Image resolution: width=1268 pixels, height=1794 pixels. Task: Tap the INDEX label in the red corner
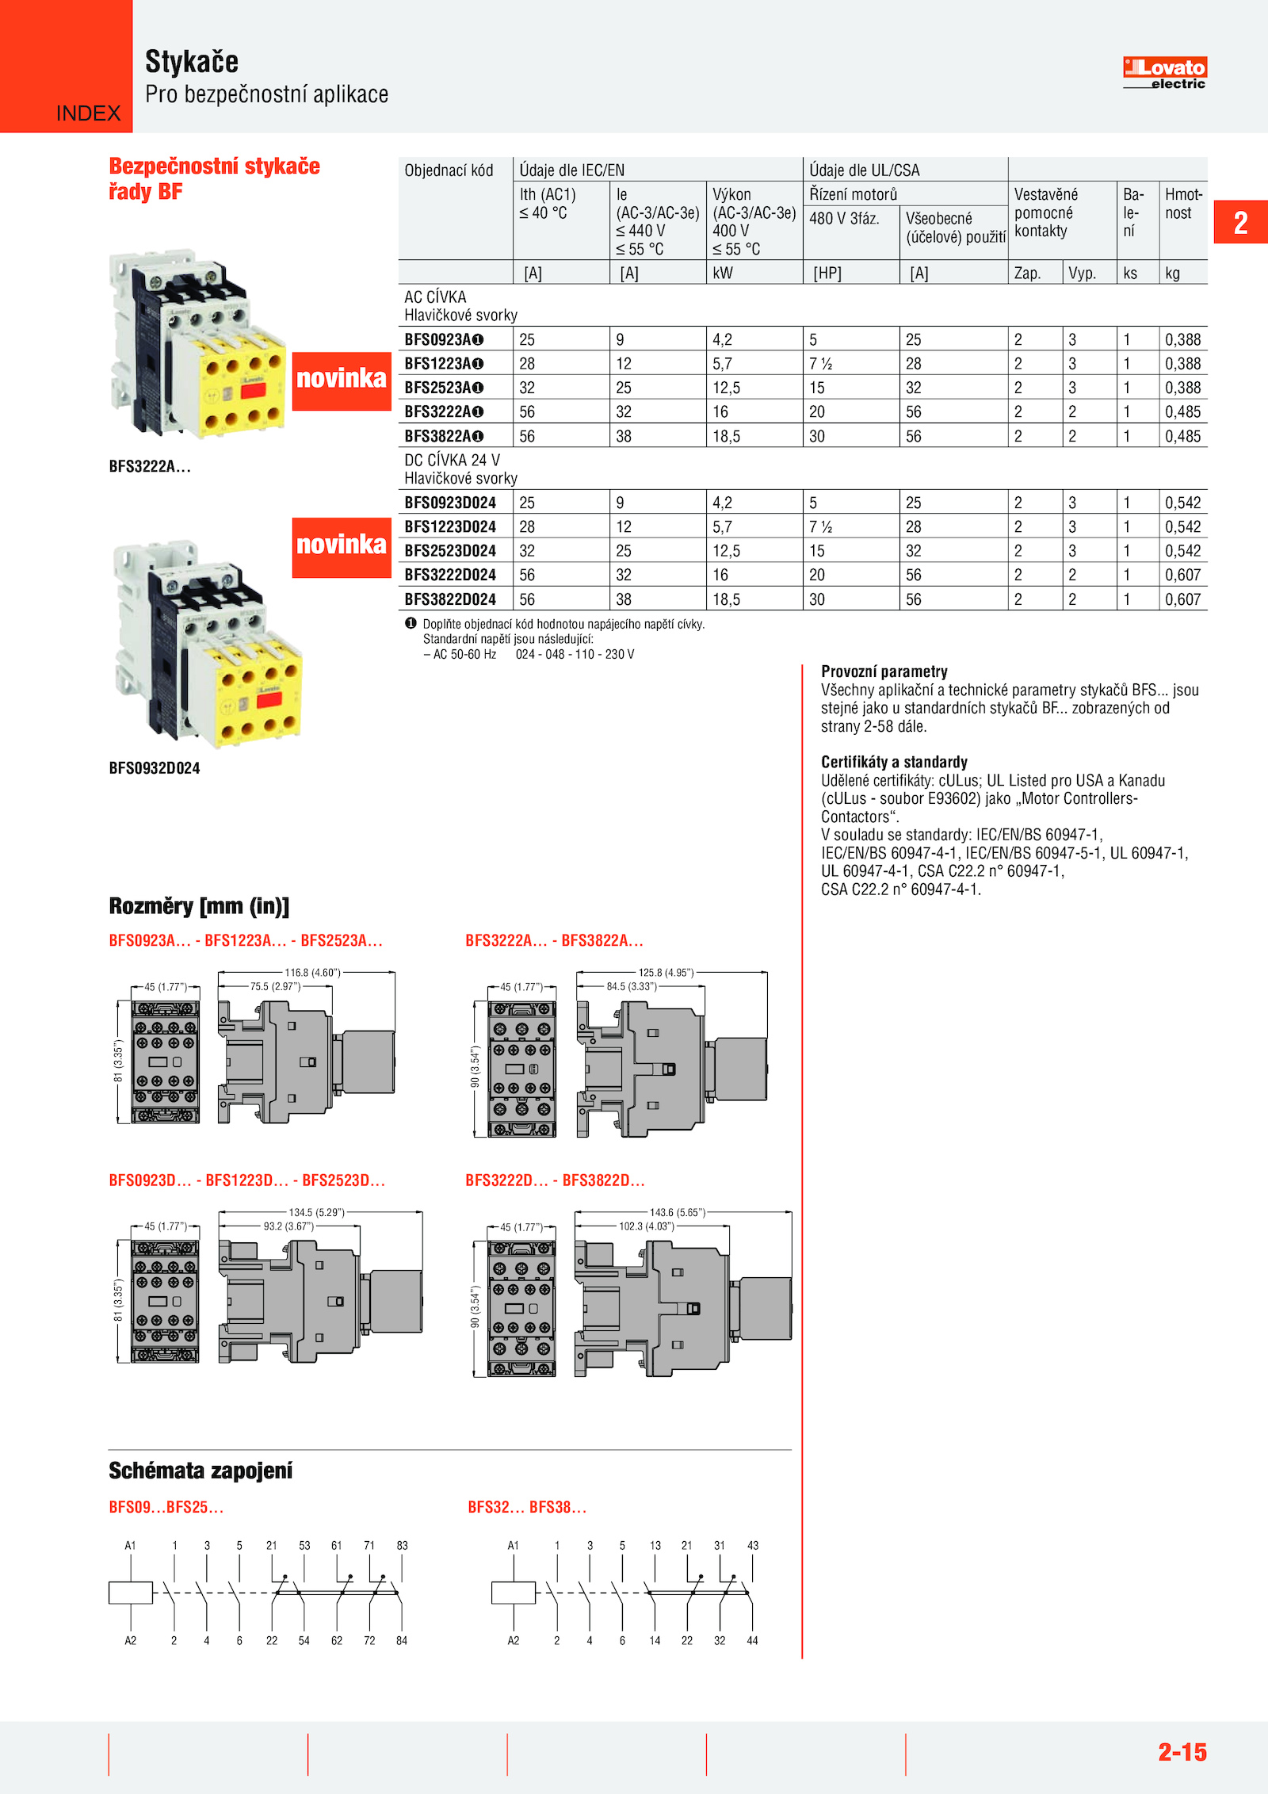(88, 113)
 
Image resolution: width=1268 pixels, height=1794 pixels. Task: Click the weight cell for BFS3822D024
(1182, 599)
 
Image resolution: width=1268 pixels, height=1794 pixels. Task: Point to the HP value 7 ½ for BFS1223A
(820, 364)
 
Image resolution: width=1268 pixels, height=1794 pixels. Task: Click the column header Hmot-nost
(1183, 204)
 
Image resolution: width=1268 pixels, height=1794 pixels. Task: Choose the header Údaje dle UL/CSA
(864, 170)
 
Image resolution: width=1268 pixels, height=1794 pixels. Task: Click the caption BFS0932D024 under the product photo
(155, 768)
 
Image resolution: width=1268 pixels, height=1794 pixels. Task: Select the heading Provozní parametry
(884, 671)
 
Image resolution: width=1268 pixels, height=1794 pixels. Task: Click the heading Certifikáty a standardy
(894, 762)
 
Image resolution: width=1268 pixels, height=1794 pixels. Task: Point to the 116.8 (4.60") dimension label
(312, 973)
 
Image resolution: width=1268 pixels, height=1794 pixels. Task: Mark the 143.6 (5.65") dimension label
(677, 1212)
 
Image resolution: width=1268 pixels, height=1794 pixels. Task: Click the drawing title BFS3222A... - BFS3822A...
(554, 941)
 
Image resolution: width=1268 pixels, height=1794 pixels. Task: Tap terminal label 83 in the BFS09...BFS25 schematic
(402, 1545)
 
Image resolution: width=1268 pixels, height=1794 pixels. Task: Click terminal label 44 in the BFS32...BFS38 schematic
(752, 1640)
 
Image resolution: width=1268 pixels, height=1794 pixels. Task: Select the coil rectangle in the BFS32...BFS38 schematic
(514, 1593)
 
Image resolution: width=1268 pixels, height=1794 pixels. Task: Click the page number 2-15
(1182, 1751)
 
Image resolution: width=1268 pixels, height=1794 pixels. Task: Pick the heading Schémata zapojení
(201, 1471)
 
